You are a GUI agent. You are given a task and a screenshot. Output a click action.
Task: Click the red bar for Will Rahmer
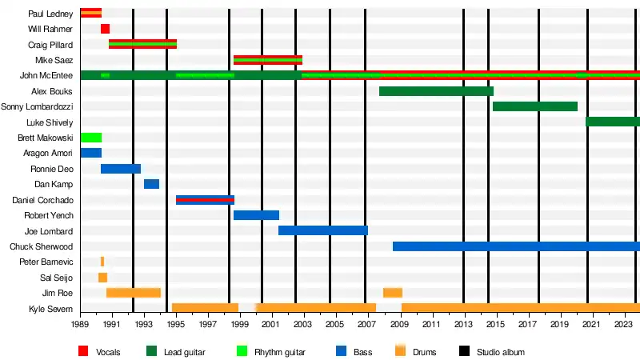[105, 29]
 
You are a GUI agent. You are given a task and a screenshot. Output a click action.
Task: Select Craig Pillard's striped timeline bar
[142, 44]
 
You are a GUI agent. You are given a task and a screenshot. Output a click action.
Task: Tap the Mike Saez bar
[268, 60]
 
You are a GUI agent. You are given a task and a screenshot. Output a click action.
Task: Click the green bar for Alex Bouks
[436, 91]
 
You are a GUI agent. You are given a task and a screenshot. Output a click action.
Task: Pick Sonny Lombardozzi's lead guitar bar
[535, 106]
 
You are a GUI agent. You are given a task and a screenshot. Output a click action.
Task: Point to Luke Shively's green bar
[613, 122]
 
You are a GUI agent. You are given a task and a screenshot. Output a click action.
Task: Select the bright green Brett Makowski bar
[90, 138]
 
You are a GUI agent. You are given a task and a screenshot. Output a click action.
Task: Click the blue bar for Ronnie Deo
[121, 169]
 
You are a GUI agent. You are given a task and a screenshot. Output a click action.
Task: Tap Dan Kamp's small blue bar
[151, 184]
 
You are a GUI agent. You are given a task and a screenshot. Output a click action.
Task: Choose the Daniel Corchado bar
[205, 200]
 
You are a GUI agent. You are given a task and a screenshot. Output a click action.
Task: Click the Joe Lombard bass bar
[323, 230]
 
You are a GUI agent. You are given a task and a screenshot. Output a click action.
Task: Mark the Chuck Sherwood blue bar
[516, 246]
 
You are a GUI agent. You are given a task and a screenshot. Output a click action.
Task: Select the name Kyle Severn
[51, 309]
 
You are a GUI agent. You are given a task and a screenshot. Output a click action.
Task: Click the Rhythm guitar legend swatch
[242, 351]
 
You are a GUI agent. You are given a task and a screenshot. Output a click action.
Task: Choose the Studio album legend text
[501, 352]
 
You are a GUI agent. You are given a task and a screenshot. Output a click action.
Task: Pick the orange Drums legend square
[400, 351]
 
